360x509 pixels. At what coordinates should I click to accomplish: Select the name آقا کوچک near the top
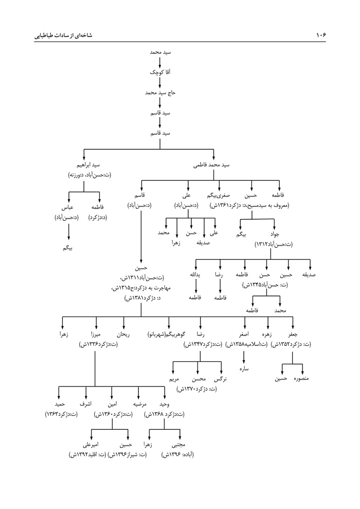coord(160,73)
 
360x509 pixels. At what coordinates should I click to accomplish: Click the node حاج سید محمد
coord(160,93)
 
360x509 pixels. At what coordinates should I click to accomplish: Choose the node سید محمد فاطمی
coord(210,166)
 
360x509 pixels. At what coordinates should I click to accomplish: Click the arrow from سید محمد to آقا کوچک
coord(160,63)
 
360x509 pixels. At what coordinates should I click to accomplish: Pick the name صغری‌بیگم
coord(218,195)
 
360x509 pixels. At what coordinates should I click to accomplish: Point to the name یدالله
coord(194,275)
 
